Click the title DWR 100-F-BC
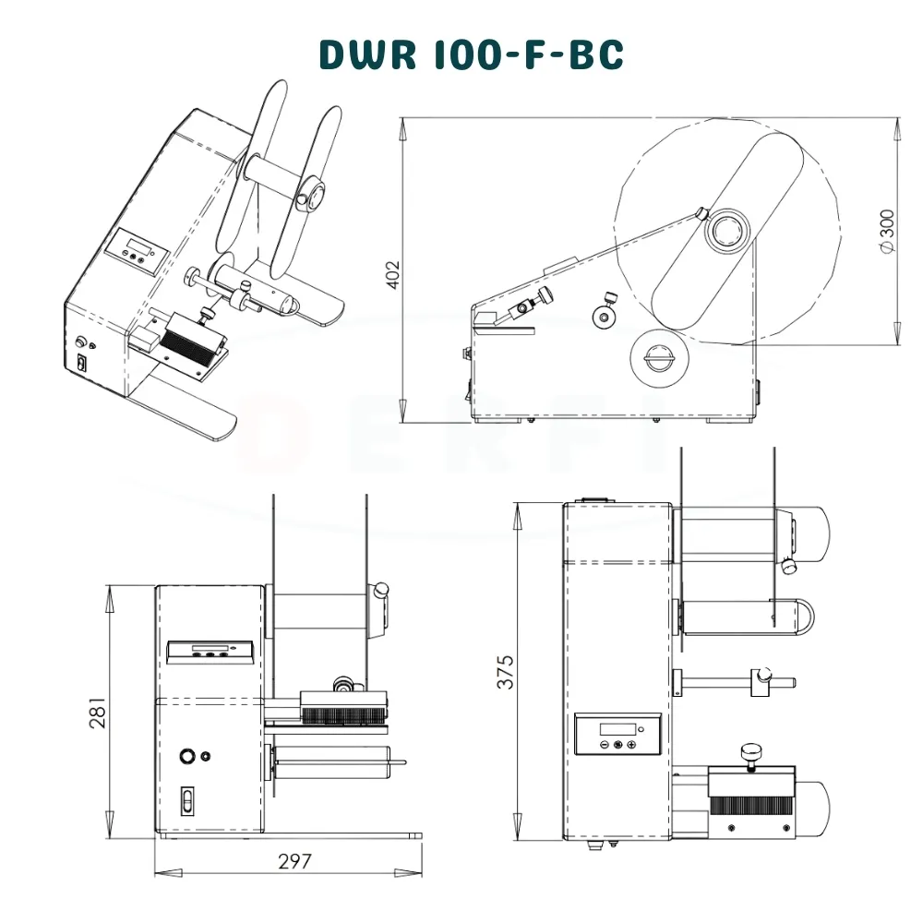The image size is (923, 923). click(x=472, y=54)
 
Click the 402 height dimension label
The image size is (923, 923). click(x=392, y=275)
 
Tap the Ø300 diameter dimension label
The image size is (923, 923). click(x=887, y=232)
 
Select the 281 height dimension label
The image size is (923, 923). click(x=98, y=713)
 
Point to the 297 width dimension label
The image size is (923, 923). click(x=294, y=862)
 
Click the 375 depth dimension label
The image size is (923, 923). click(x=505, y=672)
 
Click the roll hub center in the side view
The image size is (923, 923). click(x=728, y=231)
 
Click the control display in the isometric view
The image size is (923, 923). click(x=137, y=251)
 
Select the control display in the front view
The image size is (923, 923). click(x=210, y=651)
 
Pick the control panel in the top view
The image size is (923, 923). click(x=617, y=734)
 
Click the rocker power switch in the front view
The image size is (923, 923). click(x=187, y=801)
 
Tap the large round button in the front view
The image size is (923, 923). click(x=187, y=756)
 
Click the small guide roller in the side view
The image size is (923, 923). click(x=605, y=317)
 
